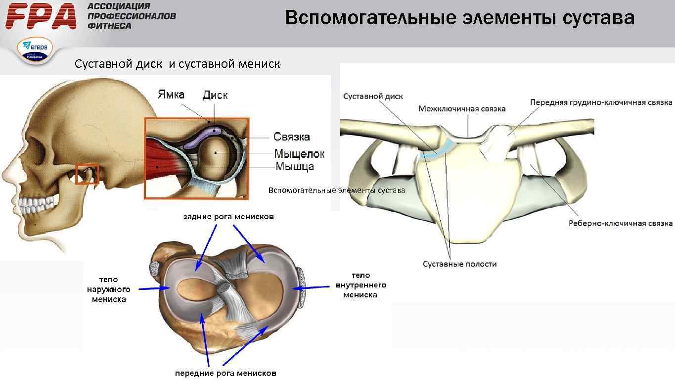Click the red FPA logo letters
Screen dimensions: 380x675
pos(42,16)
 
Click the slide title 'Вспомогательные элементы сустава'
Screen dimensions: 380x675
pos(459,18)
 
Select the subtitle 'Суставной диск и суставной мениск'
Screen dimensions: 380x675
pos(177,64)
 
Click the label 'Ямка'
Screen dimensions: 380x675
pos(171,94)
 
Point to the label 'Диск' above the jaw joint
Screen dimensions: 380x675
pos(215,95)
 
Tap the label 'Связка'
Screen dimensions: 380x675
pos(292,137)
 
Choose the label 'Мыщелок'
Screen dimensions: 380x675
pos(300,154)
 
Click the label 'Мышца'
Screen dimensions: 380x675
pos(294,166)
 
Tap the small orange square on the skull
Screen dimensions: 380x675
pos(87,174)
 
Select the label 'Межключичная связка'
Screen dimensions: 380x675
pos(462,108)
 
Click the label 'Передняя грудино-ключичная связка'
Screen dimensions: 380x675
pos(601,102)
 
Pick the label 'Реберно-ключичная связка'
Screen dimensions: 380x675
pos(621,224)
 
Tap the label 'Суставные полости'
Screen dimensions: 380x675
pos(459,264)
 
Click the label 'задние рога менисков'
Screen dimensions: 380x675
pos(228,217)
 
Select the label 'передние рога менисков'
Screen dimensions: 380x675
pos(225,373)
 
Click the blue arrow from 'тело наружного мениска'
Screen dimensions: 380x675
pos(151,289)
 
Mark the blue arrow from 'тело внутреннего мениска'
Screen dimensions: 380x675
pos(312,286)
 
